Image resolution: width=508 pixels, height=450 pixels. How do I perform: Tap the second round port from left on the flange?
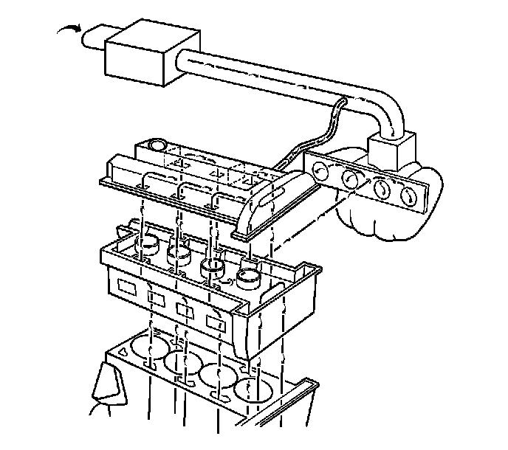pos(349,180)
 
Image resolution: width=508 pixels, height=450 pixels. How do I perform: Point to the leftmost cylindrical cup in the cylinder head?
pos(150,243)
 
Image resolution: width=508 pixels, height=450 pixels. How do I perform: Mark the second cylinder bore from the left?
pos(182,362)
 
